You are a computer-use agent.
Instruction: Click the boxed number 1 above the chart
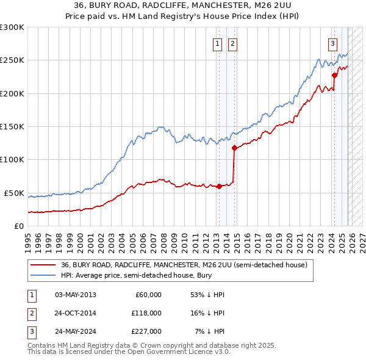[218, 43]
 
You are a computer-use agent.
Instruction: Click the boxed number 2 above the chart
[233, 43]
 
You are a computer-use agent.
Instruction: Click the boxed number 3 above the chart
[332, 43]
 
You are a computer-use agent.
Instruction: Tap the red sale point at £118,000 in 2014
[234, 147]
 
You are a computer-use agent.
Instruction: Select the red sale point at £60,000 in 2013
[219, 186]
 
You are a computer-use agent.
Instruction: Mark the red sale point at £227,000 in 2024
[334, 75]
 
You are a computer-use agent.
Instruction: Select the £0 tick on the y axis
[18, 226]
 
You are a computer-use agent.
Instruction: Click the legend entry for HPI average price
[143, 275]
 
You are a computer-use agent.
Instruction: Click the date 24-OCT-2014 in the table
[75, 313]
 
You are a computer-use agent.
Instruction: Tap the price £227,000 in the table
[146, 331]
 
